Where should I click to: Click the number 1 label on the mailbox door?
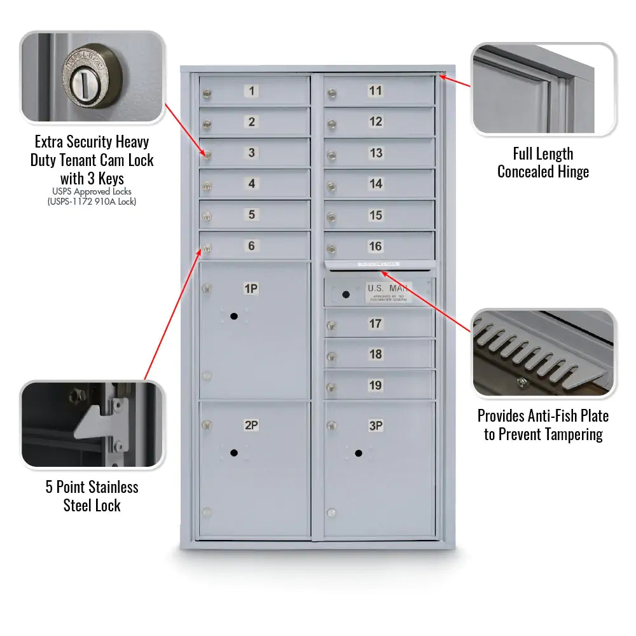click(251, 91)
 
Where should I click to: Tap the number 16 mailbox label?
click(375, 246)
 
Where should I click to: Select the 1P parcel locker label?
click(251, 289)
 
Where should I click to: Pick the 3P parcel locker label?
click(376, 425)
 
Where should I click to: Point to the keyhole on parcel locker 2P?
click(234, 453)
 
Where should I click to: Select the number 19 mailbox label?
click(375, 385)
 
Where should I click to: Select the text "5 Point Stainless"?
click(92, 487)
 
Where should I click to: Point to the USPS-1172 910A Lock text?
click(92, 202)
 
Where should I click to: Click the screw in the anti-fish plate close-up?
click(522, 382)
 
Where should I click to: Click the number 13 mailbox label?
click(376, 153)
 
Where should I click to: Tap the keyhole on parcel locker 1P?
click(234, 316)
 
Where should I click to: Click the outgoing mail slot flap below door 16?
click(380, 264)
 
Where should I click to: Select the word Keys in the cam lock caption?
click(110, 179)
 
